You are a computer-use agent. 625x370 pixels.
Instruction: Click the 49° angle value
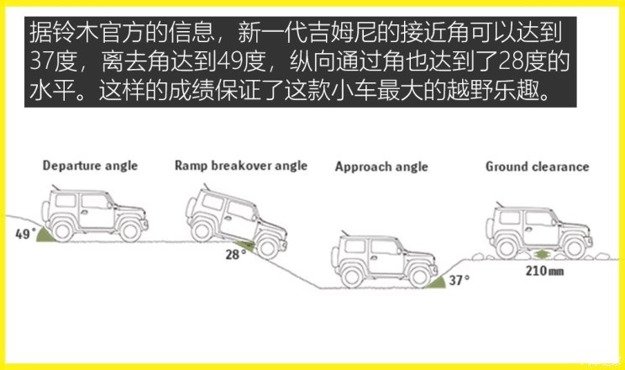click(25, 234)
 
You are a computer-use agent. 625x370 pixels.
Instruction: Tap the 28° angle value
click(235, 254)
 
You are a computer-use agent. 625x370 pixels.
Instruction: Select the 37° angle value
click(460, 280)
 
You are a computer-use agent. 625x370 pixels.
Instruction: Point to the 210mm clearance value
click(544, 271)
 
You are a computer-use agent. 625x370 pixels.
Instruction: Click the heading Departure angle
click(90, 166)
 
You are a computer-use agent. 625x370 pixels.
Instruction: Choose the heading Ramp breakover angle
click(241, 166)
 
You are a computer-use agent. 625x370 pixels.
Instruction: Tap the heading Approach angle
click(381, 166)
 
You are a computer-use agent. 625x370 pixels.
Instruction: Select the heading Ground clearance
click(538, 166)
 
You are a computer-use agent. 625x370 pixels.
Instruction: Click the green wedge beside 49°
click(44, 235)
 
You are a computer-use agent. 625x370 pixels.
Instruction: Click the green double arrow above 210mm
click(541, 254)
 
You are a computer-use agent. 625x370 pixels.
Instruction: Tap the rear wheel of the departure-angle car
click(62, 230)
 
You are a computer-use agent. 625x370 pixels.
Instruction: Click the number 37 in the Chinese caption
click(43, 62)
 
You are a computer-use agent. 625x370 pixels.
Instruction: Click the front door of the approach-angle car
click(385, 256)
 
